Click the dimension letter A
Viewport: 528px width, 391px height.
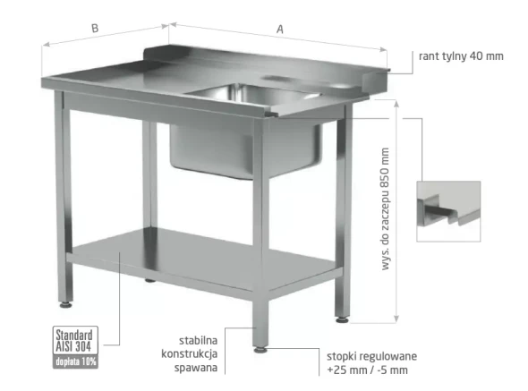pyautogui.click(x=280, y=30)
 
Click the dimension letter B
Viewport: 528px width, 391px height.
pyautogui.click(x=95, y=28)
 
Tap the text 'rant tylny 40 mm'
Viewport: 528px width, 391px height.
pyautogui.click(x=461, y=55)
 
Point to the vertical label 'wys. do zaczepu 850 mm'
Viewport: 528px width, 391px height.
pyautogui.click(x=385, y=208)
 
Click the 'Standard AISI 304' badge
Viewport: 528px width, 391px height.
pyautogui.click(x=75, y=340)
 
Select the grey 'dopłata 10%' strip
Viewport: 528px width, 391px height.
pyautogui.click(x=75, y=361)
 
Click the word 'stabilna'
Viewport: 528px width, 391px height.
pyautogui.click(x=198, y=340)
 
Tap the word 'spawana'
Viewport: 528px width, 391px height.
pyautogui.click(x=196, y=368)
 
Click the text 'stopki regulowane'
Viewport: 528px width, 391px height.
pyautogui.click(x=371, y=356)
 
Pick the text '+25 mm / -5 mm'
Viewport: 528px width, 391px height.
pyautogui.click(x=368, y=370)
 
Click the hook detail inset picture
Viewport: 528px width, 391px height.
pyautogui.click(x=448, y=211)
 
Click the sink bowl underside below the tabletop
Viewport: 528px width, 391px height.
pyautogui.click(x=246, y=150)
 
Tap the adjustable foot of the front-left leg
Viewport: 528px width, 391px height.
pyautogui.click(x=65, y=305)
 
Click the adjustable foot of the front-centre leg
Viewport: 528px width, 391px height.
pyautogui.click(x=260, y=350)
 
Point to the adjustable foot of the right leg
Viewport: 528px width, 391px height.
pyautogui.click(x=342, y=319)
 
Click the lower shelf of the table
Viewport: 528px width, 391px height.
pyautogui.click(x=202, y=259)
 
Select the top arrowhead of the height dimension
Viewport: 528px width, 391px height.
pyautogui.click(x=396, y=103)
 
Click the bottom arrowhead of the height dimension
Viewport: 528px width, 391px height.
pyautogui.click(x=396, y=319)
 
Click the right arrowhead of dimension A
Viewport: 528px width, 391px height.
pyautogui.click(x=383, y=49)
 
